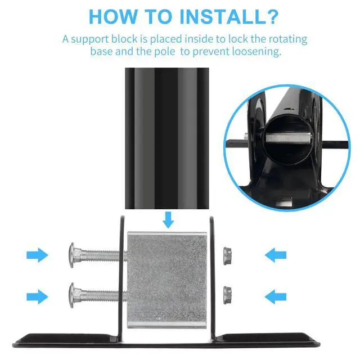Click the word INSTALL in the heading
tap(222, 16)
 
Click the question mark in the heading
tap(272, 16)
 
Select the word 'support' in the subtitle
tap(90, 39)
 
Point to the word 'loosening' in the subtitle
tap(256, 52)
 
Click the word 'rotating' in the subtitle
tap(288, 39)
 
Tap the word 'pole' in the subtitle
tap(165, 52)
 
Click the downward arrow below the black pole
tap(168, 220)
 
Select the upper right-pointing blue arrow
tap(37, 255)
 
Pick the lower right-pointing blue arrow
tap(37, 296)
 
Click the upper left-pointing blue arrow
tap(276, 255)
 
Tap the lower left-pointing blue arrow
tap(276, 296)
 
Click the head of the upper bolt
tap(72, 255)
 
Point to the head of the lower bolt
tap(72, 295)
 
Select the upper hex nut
tap(227, 256)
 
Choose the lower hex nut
tap(227, 295)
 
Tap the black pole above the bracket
tap(167, 138)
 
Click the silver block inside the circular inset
tap(288, 138)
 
